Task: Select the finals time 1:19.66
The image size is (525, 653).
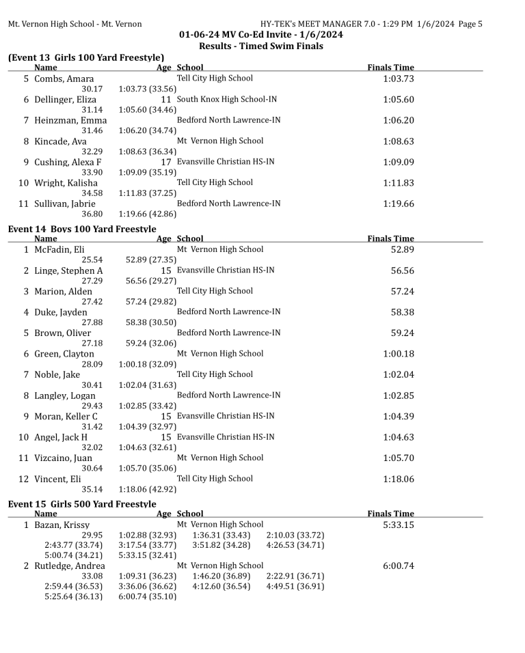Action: pyautogui.click(x=399, y=204)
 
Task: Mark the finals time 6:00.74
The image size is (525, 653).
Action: pyautogui.click(x=399, y=566)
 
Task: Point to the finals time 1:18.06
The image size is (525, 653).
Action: pyautogui.click(x=399, y=479)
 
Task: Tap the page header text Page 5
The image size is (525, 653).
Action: pyautogui.click(x=470, y=24)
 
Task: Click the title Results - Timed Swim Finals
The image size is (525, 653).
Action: pyautogui.click(x=261, y=46)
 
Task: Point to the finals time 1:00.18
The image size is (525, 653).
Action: pyautogui.click(x=399, y=354)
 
